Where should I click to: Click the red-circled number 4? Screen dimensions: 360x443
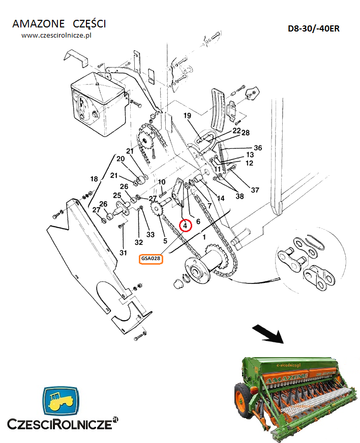click(x=186, y=226)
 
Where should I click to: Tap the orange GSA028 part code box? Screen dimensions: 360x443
click(x=151, y=259)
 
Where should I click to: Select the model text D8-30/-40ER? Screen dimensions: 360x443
click(x=314, y=28)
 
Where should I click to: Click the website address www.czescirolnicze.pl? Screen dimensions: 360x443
click(x=56, y=36)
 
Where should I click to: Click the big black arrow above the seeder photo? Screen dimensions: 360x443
click(x=268, y=334)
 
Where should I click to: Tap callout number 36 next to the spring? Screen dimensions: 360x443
click(x=258, y=148)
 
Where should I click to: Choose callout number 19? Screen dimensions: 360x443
click(x=187, y=115)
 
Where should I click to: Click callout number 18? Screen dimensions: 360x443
click(x=94, y=179)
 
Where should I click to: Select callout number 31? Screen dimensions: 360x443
click(x=123, y=252)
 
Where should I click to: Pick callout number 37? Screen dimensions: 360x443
click(x=255, y=190)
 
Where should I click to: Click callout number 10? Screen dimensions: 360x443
click(x=162, y=182)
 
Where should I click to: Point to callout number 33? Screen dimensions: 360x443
click(x=151, y=235)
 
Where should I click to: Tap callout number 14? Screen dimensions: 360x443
click(x=221, y=199)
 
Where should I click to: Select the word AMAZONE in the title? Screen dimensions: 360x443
click(x=39, y=24)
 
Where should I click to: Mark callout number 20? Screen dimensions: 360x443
click(x=121, y=159)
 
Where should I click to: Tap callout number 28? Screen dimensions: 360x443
click(x=246, y=133)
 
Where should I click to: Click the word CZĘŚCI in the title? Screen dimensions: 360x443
click(x=89, y=24)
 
